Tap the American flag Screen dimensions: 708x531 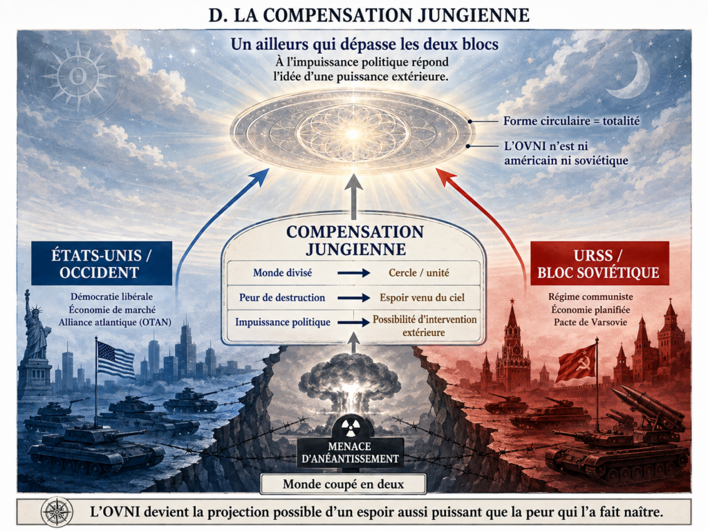[115, 359]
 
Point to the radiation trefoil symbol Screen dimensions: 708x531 [349, 426]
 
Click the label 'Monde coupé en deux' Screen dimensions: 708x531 [343, 484]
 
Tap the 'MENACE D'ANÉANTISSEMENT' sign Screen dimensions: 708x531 [349, 452]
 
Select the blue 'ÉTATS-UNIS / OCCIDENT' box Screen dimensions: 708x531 [102, 263]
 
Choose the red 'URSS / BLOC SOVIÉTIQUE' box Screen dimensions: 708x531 [599, 263]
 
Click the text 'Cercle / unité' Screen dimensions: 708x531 [418, 272]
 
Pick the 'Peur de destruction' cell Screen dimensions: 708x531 [282, 297]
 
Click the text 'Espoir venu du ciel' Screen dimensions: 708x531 [422, 297]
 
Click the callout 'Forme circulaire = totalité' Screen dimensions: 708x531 [571, 121]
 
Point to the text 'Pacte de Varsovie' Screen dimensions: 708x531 [590, 322]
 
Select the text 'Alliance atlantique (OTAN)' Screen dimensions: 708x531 [115, 322]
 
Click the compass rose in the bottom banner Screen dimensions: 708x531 [57, 512]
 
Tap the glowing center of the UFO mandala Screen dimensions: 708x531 [353, 133]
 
